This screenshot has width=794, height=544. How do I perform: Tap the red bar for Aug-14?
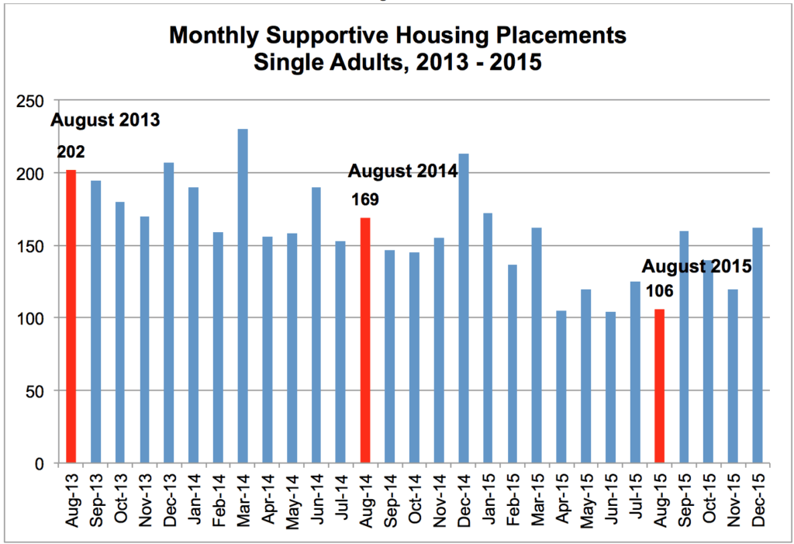365,341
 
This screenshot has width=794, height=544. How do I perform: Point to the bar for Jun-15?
611,387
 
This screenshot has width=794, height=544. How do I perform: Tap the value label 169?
364,199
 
